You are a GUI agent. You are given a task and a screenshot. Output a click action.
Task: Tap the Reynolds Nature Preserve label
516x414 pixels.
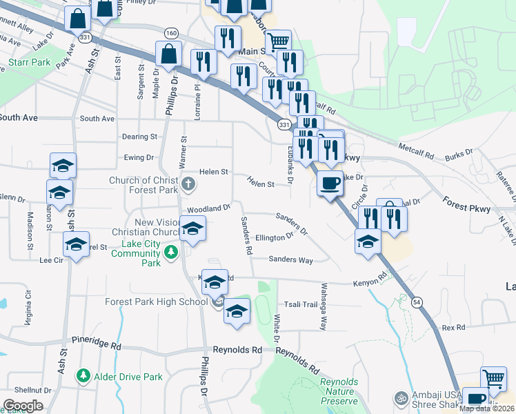(x=339, y=391)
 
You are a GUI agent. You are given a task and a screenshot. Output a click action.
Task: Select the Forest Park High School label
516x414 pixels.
(x=156, y=302)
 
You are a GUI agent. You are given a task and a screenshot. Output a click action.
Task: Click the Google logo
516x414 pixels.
(x=23, y=406)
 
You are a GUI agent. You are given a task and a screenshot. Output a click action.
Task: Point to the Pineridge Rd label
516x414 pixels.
(x=97, y=341)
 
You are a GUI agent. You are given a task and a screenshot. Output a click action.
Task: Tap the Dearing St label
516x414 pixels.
(x=139, y=137)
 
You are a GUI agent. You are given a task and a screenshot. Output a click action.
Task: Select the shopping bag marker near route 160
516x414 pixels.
(x=169, y=54)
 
